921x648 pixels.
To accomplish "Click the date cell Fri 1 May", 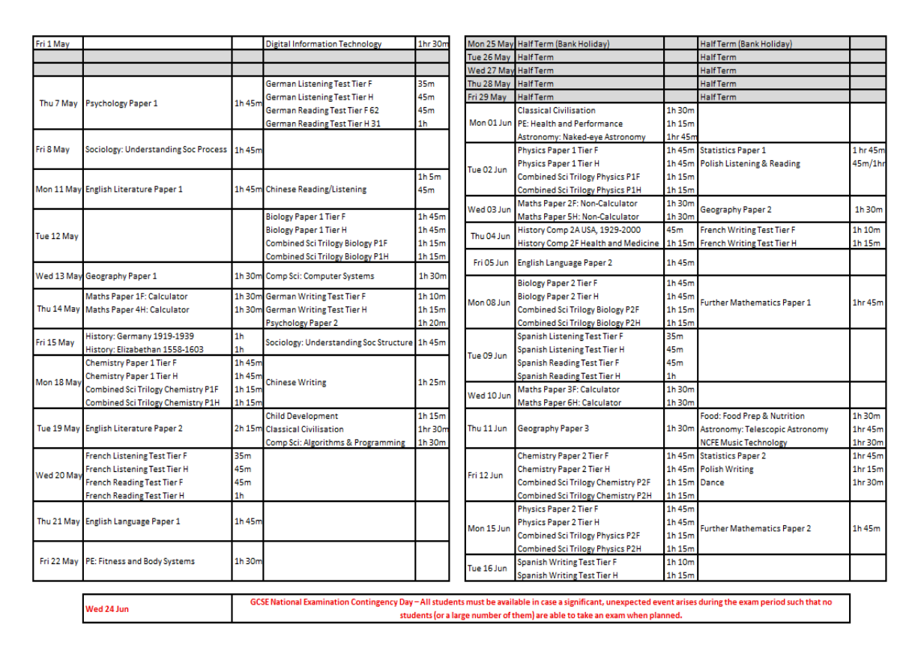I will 53,43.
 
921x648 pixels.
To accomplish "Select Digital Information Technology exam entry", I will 323,43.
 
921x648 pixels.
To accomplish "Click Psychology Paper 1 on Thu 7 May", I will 121,103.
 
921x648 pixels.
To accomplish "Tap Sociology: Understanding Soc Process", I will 156,149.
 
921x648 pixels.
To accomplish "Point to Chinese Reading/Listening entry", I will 316,190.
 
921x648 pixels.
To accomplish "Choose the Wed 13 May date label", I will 58,276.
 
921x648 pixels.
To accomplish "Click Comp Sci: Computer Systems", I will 320,276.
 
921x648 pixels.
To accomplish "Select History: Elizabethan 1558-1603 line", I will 144,349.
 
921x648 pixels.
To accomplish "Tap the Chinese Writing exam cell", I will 296,382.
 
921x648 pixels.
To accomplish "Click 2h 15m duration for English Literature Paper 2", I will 247,429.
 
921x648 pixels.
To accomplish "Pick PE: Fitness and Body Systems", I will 140,561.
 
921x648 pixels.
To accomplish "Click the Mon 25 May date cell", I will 489,43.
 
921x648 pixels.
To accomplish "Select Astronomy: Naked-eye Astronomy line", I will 581,137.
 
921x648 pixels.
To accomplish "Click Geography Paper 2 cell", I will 735,210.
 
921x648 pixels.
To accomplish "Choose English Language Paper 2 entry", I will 564,263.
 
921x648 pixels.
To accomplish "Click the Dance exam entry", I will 712,482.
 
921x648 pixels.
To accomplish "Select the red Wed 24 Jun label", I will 106,609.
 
